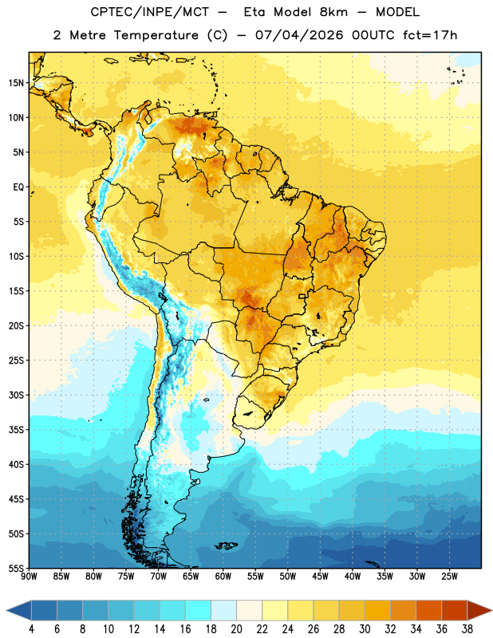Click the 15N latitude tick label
tap(17, 83)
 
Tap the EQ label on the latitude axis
tap(18, 187)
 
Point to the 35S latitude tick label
tap(17, 430)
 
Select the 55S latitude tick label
tap(17, 568)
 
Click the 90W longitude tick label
tap(30, 577)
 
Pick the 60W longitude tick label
tap(223, 577)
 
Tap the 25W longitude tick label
tap(449, 577)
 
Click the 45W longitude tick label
tap(320, 577)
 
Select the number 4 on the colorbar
tap(31, 629)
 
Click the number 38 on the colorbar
tap(467, 629)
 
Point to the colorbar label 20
tap(236, 629)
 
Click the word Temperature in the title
tap(156, 35)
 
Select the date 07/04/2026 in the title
tap(299, 35)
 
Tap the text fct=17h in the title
tap(430, 35)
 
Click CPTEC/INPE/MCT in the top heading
tap(149, 12)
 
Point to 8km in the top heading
tap(333, 12)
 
